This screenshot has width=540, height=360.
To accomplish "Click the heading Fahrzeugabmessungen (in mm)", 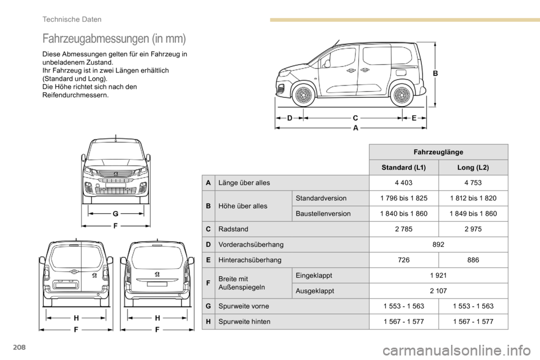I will [114, 39].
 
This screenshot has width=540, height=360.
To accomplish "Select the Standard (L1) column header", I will [403, 168].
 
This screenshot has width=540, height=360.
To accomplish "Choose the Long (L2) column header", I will [473, 168].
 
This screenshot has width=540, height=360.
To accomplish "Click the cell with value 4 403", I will [403, 183].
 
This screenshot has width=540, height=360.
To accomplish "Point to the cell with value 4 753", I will [473, 183].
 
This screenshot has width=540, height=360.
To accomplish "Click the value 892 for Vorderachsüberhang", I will [438, 245].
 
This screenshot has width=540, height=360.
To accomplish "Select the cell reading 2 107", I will [438, 291].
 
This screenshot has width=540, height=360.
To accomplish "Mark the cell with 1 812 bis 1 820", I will [473, 199].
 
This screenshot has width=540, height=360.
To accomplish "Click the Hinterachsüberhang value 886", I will [473, 260].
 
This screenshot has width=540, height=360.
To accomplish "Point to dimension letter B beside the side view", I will [435, 73].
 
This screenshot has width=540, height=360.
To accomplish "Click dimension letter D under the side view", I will [290, 118].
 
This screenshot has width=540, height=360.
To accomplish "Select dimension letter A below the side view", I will [355, 128].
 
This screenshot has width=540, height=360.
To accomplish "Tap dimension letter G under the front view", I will [115, 214].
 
